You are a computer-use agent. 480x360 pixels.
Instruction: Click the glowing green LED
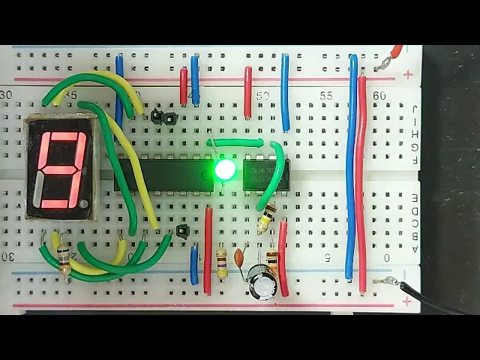pyautogui.click(x=225, y=170)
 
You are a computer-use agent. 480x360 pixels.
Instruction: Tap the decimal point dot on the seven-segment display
pyautogui.click(x=85, y=203)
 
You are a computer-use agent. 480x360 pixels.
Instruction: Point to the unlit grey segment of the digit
pyautogui.click(x=38, y=190)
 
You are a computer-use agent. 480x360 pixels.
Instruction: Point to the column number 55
pyautogui.click(x=326, y=96)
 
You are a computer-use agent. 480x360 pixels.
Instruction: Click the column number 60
pyautogui.click(x=379, y=96)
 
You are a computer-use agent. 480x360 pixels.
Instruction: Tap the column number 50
pyautogui.click(x=262, y=96)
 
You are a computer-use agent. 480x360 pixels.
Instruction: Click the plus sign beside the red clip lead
pyautogui.click(x=408, y=74)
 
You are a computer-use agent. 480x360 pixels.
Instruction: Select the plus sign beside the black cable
pyautogui.click(x=408, y=301)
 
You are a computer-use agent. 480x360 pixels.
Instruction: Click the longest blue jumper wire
pyautogui.click(x=352, y=169)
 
